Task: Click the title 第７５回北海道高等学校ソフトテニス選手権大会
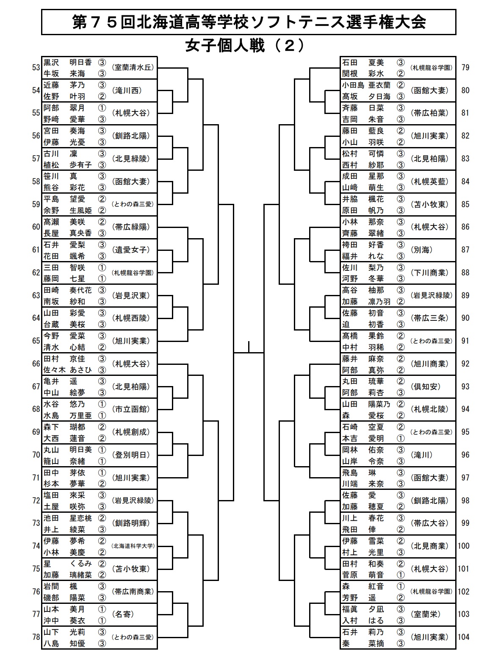click(249, 22)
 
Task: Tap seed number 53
click(36, 68)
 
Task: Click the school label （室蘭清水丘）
click(133, 68)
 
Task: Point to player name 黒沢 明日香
click(68, 62)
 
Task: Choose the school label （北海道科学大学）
click(133, 546)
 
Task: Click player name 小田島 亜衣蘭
click(367, 85)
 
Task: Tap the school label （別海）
click(421, 250)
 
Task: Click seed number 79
click(465, 68)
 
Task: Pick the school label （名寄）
click(123, 614)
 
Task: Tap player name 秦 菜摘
click(363, 643)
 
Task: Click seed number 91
click(465, 341)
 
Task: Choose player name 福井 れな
click(363, 256)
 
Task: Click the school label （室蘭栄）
click(426, 614)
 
